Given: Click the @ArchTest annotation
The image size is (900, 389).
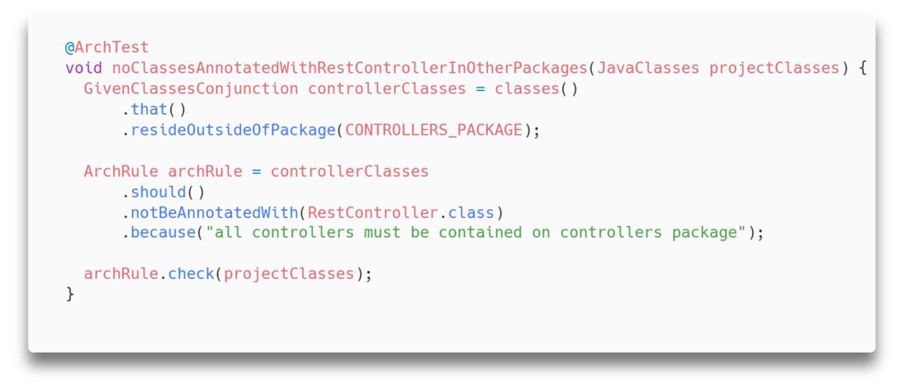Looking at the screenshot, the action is [x=107, y=47].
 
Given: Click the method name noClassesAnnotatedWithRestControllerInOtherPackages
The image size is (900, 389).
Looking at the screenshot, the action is [x=349, y=68].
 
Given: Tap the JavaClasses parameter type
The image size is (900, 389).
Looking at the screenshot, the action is [x=648, y=68].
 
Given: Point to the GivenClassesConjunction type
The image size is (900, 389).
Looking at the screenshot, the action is [x=191, y=89].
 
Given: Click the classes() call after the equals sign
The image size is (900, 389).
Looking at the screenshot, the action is [x=537, y=89].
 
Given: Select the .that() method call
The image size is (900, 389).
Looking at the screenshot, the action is [x=154, y=110].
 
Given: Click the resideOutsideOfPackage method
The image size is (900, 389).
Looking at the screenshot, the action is [x=233, y=130].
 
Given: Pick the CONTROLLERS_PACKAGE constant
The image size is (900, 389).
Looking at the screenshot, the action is [x=434, y=130].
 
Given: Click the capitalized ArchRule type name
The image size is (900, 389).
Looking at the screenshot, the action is [x=121, y=172].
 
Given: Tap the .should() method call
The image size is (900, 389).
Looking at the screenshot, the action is [x=163, y=192].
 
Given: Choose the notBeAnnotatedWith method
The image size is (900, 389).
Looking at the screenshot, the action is [x=215, y=213].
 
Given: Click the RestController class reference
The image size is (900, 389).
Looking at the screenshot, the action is [x=373, y=213].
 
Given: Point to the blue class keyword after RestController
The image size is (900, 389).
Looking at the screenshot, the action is [x=471, y=213].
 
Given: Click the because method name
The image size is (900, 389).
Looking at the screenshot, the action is [x=163, y=234].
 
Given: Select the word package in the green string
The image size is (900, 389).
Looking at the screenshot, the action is [x=704, y=234].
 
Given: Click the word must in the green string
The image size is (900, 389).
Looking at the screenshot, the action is [x=382, y=234].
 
